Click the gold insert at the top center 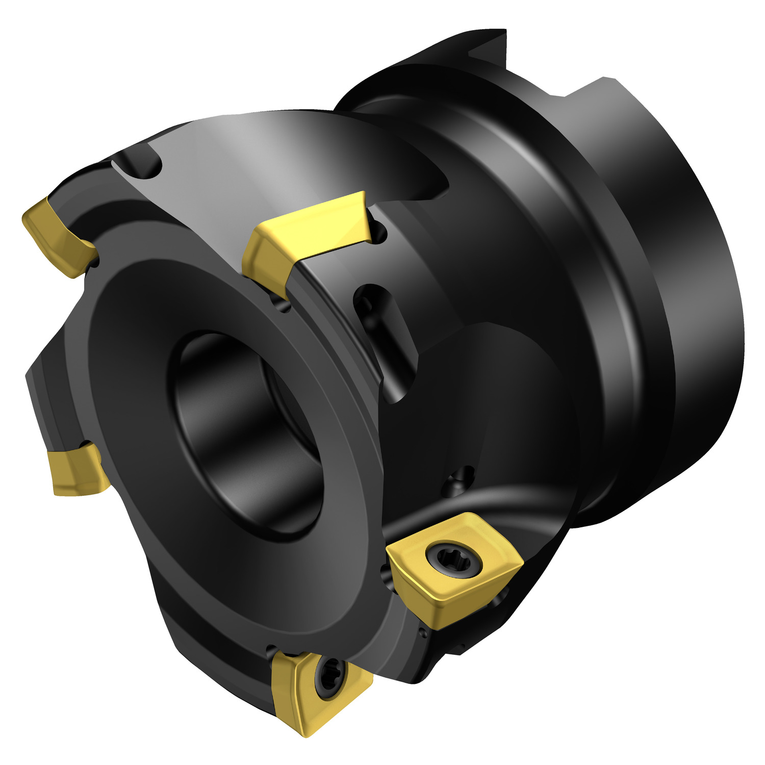coord(306,235)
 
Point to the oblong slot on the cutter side coord(385,337)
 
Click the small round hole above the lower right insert coord(462,479)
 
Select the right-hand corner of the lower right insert coord(520,561)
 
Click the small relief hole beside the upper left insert coord(94,263)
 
